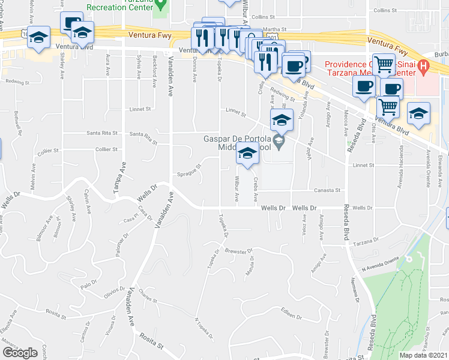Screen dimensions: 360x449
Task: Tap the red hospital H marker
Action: [424, 65]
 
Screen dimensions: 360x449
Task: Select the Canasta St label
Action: [329, 190]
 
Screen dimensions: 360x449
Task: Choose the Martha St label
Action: [274, 29]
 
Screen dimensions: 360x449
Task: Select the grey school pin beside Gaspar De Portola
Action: [279, 142]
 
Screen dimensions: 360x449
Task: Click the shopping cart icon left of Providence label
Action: [384, 63]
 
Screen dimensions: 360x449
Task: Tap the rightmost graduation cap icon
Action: [419, 113]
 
